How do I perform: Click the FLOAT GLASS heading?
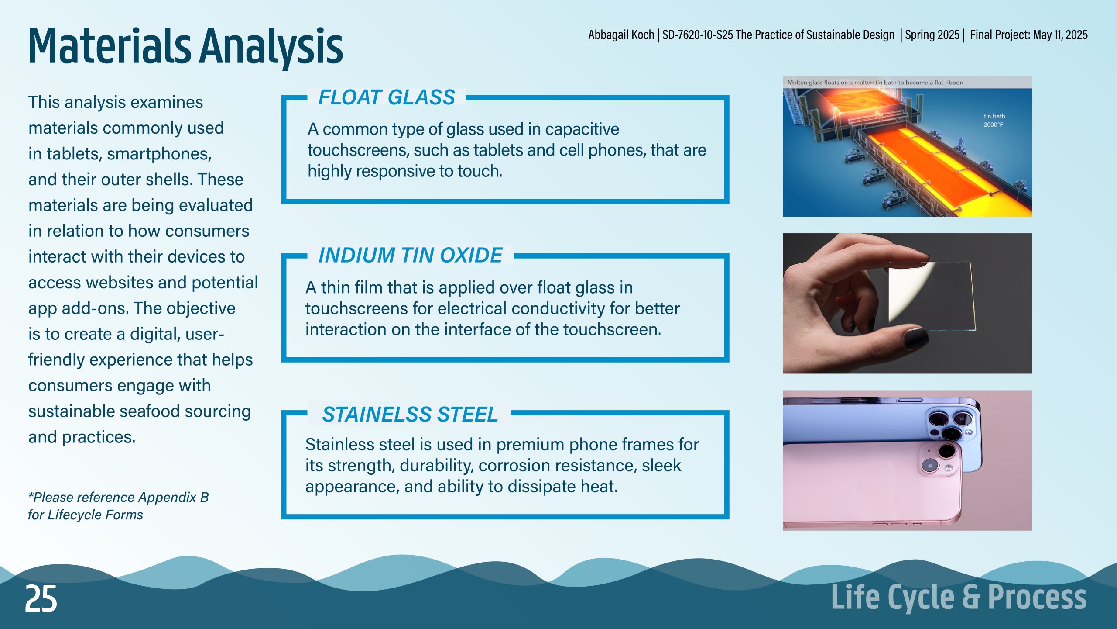click(387, 97)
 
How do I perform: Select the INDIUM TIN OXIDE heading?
click(411, 256)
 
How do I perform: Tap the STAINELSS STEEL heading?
click(410, 415)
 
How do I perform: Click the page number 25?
click(41, 599)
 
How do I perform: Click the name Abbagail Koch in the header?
click(621, 35)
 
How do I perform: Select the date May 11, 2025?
click(1060, 35)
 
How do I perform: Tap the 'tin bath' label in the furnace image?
click(994, 116)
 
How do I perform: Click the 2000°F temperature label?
click(993, 125)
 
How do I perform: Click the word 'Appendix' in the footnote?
click(168, 498)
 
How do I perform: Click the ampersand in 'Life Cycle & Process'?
click(971, 597)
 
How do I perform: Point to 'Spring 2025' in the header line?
click(932, 35)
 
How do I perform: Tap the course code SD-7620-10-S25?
click(697, 35)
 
